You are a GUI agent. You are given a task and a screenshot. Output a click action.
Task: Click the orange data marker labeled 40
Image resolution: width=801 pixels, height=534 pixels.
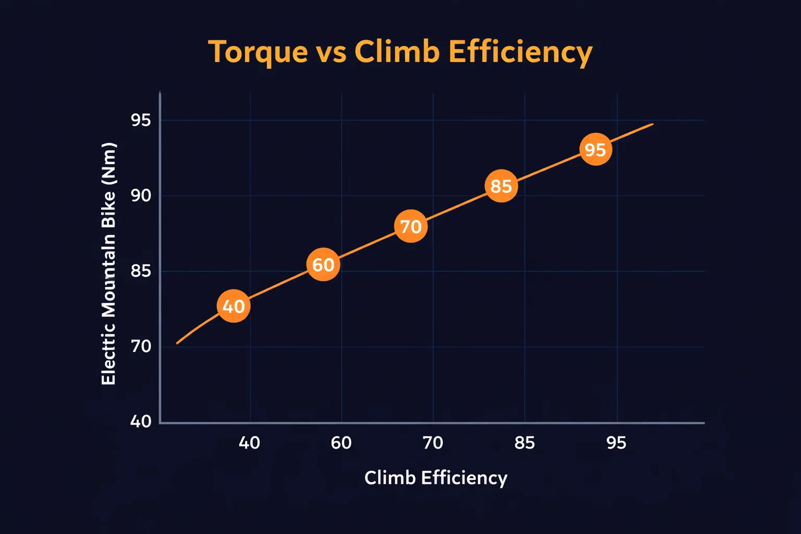tap(234, 306)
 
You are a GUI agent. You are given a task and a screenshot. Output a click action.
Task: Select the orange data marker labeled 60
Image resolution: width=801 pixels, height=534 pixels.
tap(323, 264)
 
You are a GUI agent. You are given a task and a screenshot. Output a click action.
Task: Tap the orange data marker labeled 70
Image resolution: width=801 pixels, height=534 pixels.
tap(411, 226)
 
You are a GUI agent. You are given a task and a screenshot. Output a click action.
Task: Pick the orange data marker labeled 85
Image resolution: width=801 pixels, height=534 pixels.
tap(501, 186)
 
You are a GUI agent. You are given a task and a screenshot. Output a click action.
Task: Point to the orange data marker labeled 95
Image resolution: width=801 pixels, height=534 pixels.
tap(596, 150)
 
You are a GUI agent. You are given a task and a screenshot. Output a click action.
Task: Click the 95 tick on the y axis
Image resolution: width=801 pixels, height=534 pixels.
tap(141, 120)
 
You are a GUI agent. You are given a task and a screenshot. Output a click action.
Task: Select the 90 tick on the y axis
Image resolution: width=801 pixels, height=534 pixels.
tap(141, 196)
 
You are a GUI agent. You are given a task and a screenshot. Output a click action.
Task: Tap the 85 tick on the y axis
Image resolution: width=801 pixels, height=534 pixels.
tap(141, 271)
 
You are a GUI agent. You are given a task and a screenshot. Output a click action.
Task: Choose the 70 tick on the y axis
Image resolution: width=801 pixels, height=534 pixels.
tap(141, 346)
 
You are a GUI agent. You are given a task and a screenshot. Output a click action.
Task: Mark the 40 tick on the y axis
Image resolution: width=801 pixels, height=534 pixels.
tap(141, 421)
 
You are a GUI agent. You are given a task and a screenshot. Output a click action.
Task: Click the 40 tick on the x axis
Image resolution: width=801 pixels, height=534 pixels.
tap(249, 443)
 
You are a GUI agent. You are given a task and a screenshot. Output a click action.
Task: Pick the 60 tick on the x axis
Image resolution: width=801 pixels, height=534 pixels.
tap(341, 443)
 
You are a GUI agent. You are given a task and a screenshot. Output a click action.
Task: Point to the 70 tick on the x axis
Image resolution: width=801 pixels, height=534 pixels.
tap(433, 443)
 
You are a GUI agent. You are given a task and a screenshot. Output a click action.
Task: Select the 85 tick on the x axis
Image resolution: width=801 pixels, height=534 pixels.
tap(525, 443)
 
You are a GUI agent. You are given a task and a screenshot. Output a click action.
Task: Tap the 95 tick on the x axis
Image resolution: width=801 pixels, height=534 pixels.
tap(616, 443)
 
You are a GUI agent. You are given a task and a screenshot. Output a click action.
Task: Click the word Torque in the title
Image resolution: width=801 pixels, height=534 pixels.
tap(258, 53)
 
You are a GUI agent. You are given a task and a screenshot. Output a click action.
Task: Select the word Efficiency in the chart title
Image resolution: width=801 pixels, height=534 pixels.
tap(520, 53)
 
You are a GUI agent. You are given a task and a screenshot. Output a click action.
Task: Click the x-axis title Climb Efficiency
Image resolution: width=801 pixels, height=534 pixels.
tap(435, 478)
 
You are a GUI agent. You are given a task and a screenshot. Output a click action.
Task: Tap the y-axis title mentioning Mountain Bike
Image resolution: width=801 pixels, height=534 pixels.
tap(108, 263)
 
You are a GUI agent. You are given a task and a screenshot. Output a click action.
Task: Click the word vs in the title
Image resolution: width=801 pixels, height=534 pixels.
tap(331, 53)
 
